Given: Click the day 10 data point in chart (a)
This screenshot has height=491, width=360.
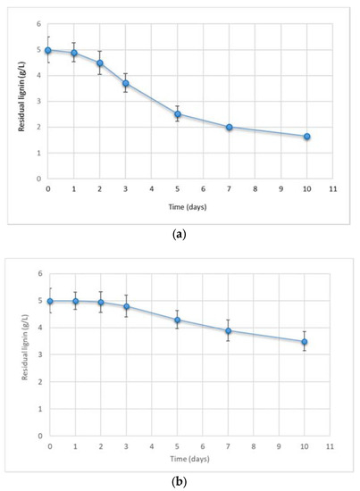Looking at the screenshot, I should pos(306,137).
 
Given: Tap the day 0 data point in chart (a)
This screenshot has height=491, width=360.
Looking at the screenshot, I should pos(48,50).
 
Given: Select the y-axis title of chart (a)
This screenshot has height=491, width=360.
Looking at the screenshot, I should pos(20,100).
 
